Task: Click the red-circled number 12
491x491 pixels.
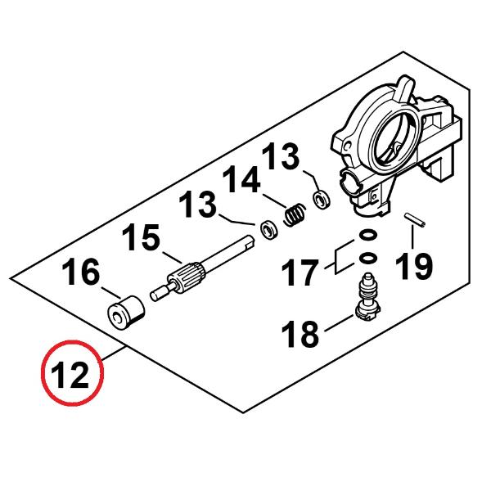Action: click(70, 375)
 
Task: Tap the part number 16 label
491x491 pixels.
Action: click(81, 272)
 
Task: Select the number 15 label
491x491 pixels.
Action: click(141, 237)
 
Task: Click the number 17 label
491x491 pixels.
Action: click(300, 272)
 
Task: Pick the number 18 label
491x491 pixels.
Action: click(300, 333)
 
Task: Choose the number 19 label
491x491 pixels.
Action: click(413, 266)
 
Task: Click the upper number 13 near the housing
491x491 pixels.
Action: click(280, 156)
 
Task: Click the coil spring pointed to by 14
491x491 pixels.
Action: click(295, 214)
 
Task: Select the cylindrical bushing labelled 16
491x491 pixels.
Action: click(126, 313)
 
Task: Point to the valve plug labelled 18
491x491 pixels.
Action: click(367, 298)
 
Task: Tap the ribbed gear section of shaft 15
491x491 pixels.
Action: click(186, 275)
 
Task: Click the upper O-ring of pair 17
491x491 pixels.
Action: click(367, 234)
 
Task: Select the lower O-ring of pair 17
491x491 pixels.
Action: click(367, 259)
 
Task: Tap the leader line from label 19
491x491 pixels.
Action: click(412, 237)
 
